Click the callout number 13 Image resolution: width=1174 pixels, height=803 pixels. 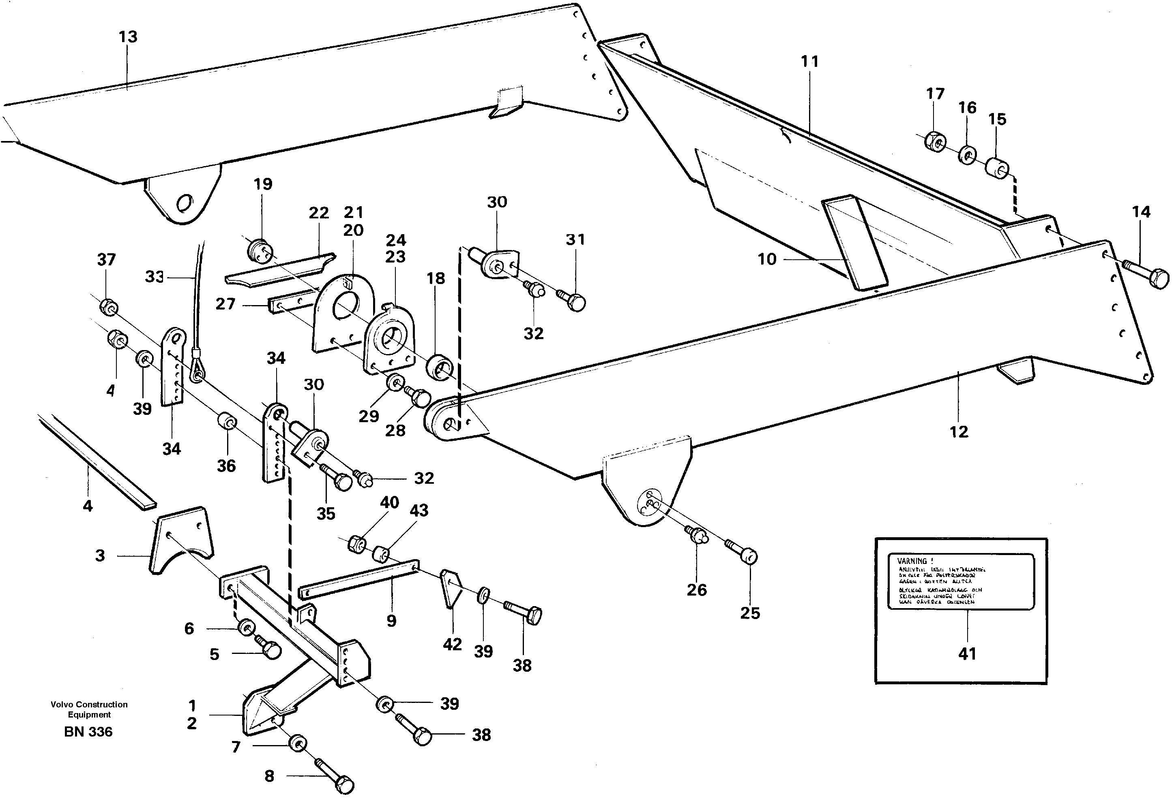coord(128,37)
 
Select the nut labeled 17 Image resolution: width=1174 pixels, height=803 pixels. coord(935,142)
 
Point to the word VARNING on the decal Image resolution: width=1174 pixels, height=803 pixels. coord(911,561)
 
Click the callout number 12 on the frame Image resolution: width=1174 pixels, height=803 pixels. coord(958,431)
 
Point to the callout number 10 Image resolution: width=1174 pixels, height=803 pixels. coord(766,259)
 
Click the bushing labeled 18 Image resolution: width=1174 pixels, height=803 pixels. coord(440,367)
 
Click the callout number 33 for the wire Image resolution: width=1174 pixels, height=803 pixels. coord(154,277)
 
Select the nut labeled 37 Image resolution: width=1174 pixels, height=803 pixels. coord(108,306)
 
